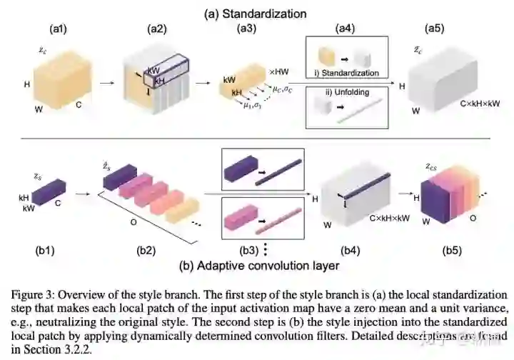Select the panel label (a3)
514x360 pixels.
(x=246, y=29)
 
